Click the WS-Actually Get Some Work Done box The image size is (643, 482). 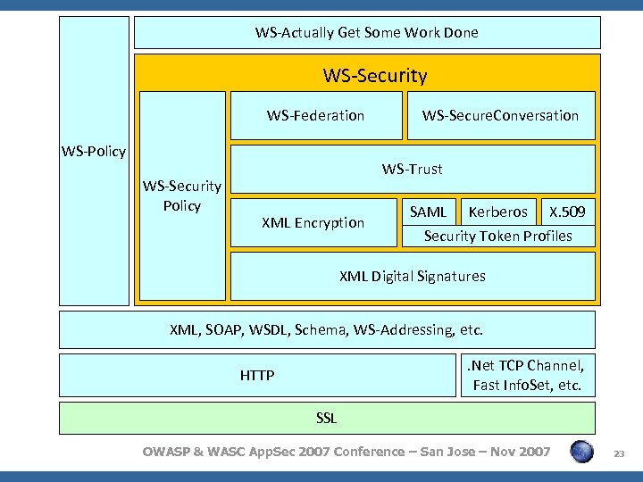(367, 32)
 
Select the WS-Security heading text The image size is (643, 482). (375, 76)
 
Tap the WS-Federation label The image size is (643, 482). (315, 115)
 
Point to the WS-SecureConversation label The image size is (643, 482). (500, 115)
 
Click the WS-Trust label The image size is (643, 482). (412, 169)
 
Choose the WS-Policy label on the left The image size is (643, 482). (94, 151)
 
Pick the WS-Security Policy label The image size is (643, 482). (182, 195)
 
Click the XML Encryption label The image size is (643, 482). (313, 222)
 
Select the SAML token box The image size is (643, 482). (428, 212)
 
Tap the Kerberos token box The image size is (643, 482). (497, 212)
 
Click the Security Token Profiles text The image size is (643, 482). (497, 236)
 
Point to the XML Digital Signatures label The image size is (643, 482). (413, 276)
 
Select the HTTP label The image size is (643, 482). (257, 376)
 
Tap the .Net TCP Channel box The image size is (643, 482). (527, 375)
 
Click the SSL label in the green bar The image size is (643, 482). (327, 418)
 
